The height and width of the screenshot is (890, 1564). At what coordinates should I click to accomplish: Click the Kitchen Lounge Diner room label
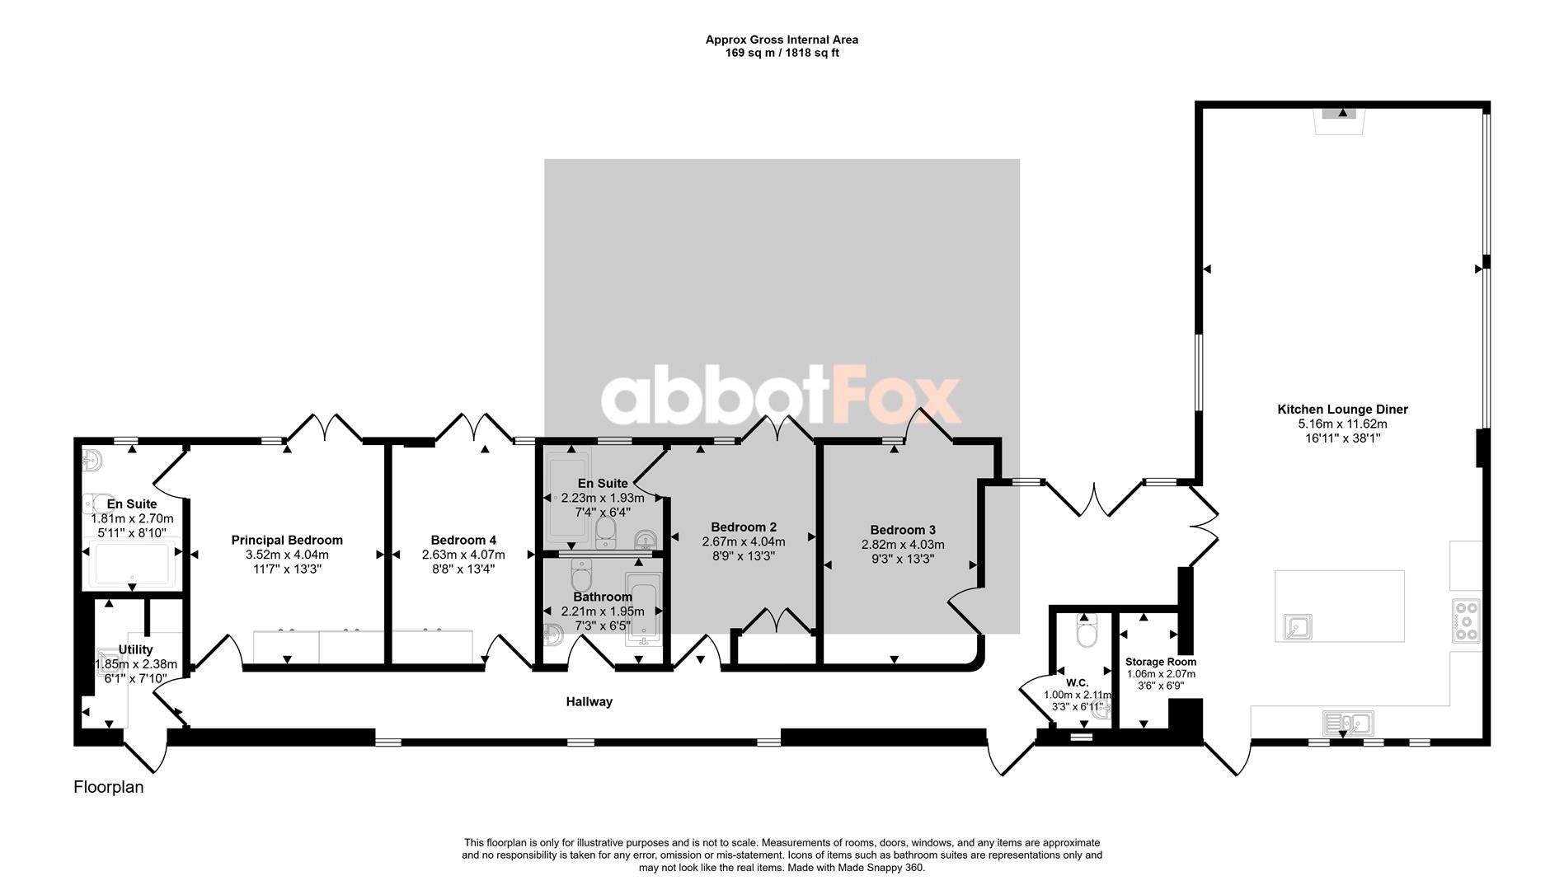click(1342, 410)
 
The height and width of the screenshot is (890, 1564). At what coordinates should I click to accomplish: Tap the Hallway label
click(589, 702)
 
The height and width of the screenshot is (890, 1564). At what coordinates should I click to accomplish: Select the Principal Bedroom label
click(287, 541)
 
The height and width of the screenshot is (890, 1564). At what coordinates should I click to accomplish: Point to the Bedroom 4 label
click(463, 541)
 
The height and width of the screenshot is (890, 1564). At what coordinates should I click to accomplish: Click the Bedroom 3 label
click(903, 531)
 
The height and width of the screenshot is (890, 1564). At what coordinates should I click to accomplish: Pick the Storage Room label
click(1161, 662)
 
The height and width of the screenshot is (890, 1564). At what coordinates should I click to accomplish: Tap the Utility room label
click(135, 650)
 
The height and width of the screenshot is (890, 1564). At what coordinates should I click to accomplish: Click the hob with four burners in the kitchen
click(1467, 621)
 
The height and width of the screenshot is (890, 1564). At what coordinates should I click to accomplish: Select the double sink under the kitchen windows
click(1348, 724)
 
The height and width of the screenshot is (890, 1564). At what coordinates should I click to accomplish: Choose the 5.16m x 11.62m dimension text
click(1342, 424)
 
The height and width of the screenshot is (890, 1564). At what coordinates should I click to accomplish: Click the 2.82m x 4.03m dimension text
click(903, 545)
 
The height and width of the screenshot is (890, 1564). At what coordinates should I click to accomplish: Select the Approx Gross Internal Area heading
click(782, 40)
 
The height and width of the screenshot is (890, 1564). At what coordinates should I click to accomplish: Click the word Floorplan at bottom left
click(109, 787)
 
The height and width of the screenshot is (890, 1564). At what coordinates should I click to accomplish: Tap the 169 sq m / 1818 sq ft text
click(782, 53)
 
